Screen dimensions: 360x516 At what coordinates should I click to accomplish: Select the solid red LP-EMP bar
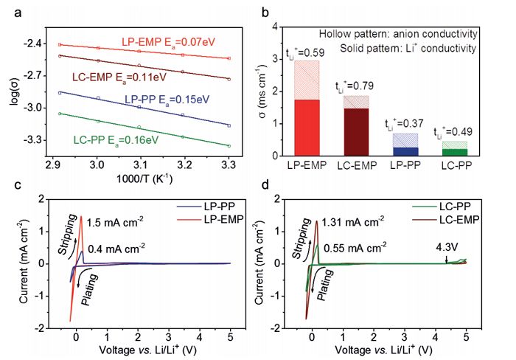[316, 127]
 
